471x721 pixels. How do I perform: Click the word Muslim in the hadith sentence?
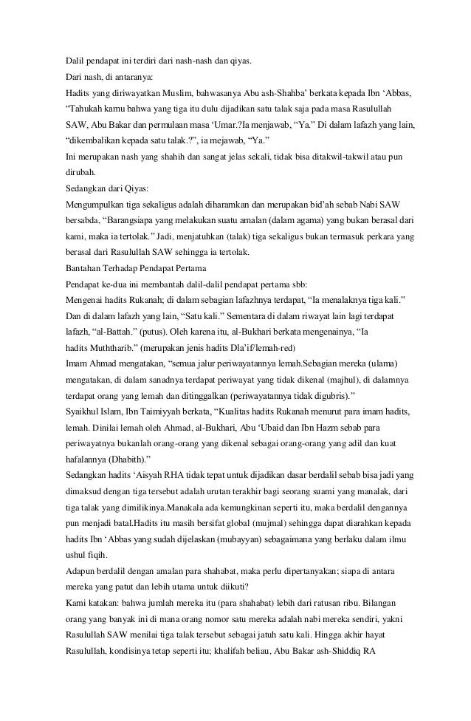point(176,94)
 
